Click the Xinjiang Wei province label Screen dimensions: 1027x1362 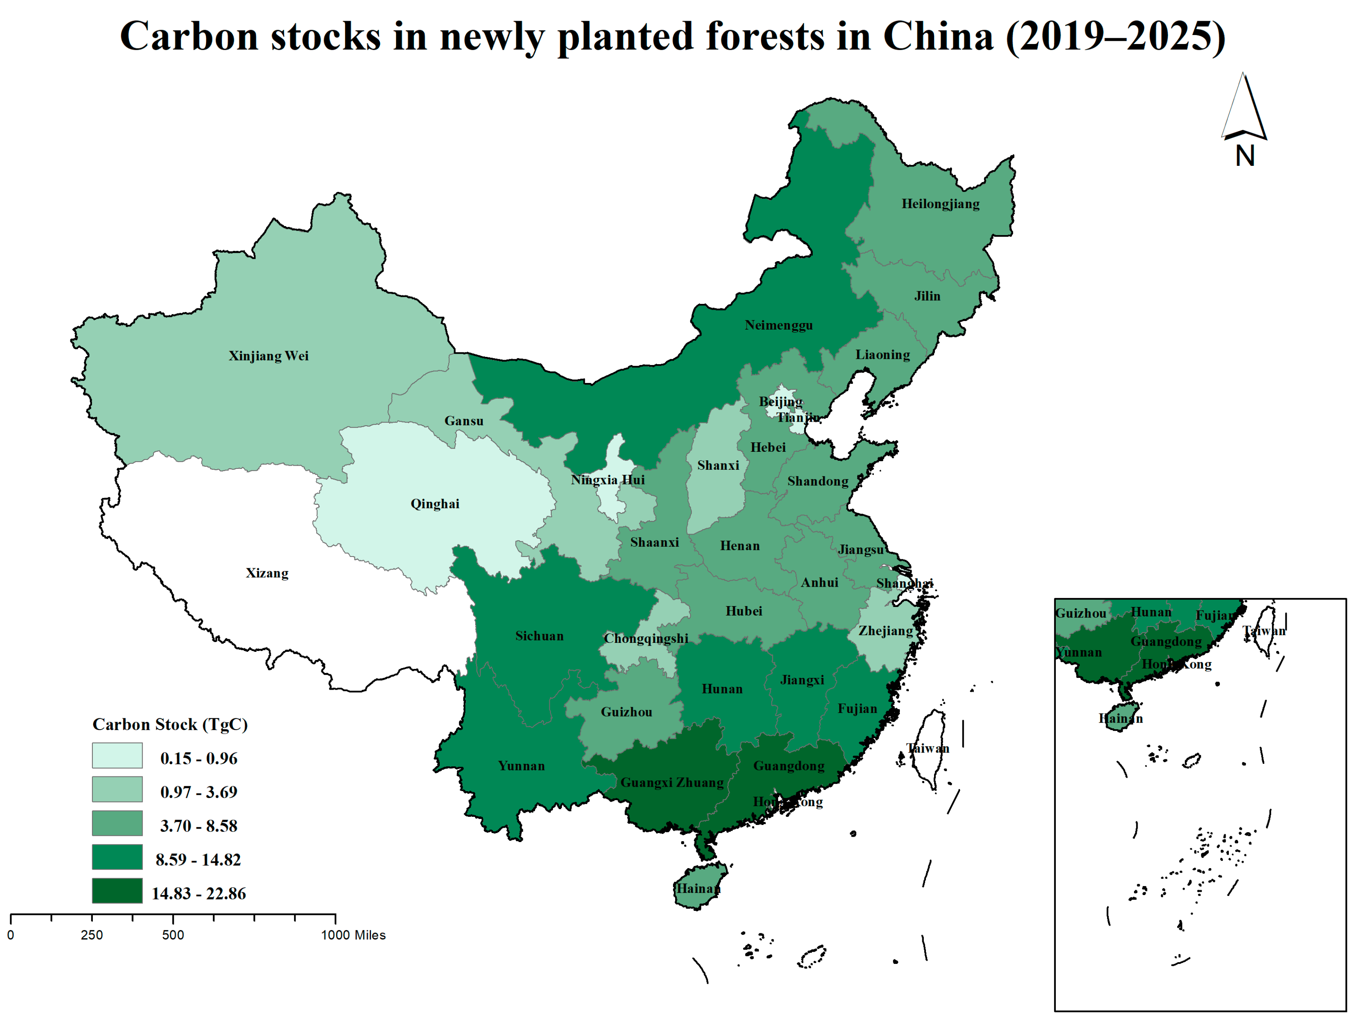point(268,356)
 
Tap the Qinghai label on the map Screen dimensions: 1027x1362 point(435,504)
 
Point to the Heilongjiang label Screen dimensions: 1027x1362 point(940,204)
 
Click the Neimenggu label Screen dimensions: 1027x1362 point(778,325)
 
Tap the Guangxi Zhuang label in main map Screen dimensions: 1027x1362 point(672,783)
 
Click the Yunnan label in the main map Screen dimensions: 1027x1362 point(521,766)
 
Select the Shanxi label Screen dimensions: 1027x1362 point(718,466)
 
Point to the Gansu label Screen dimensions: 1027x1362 point(464,421)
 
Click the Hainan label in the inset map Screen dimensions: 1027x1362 point(1120,718)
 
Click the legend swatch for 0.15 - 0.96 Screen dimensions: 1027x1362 point(117,755)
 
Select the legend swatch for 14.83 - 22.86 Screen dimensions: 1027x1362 point(117,891)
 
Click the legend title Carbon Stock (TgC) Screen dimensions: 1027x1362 point(170,724)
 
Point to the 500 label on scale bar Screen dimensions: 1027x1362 point(173,935)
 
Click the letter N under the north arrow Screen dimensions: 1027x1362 point(1244,156)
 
